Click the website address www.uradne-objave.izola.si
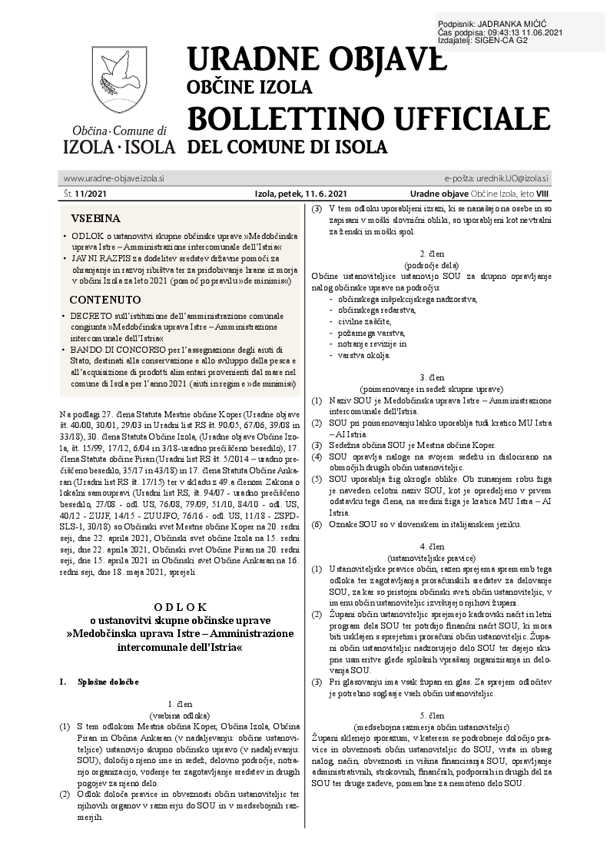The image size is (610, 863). (114, 178)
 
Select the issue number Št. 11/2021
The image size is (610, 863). (85, 195)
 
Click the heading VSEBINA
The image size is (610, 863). (95, 217)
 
